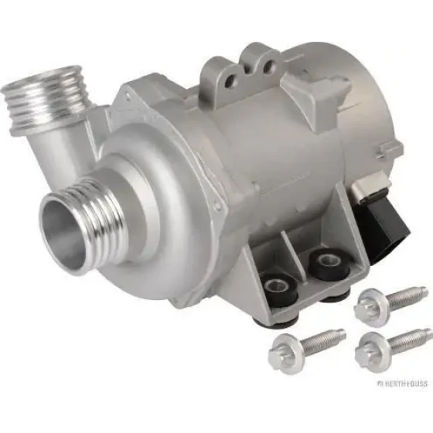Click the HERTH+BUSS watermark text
tap(402, 384)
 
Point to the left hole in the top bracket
tap(230, 80)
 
